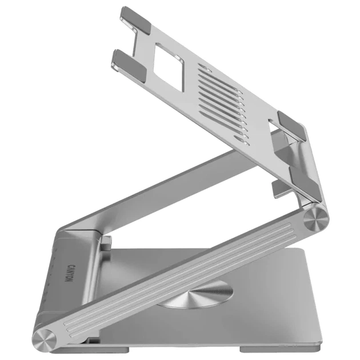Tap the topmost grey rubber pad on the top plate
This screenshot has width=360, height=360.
click(137, 19)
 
